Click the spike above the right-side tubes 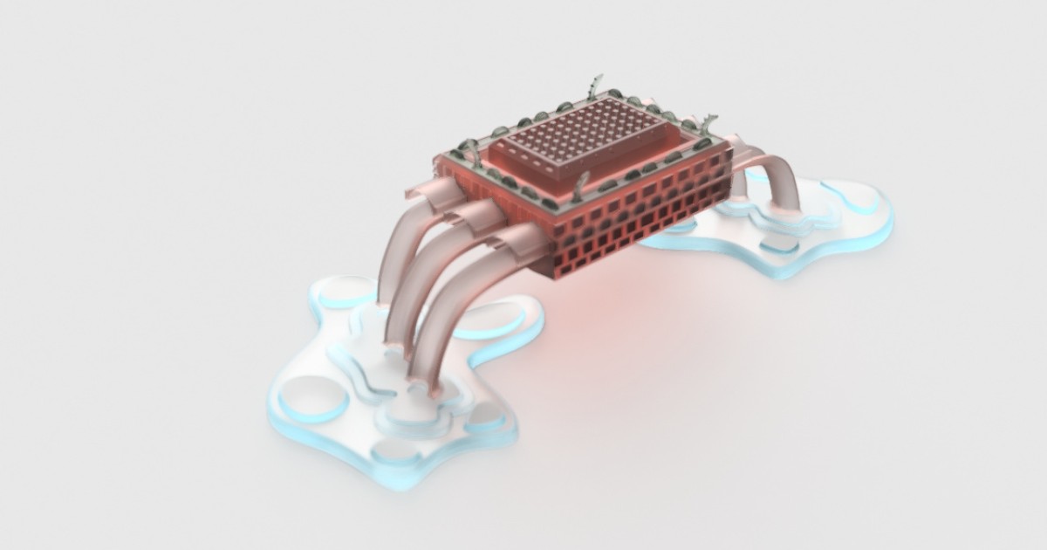point(708,122)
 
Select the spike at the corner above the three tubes point(472,150)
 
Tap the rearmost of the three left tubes point(397,244)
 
